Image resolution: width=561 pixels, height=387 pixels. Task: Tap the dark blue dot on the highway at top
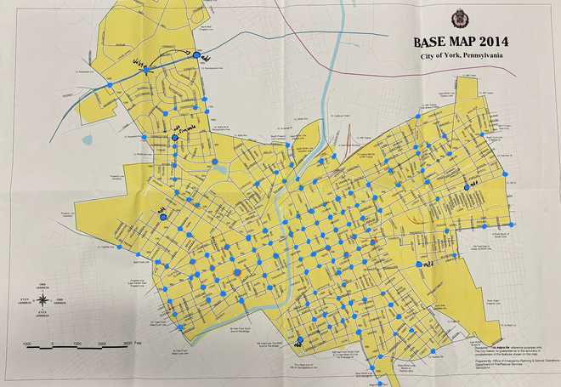pyautogui.click(x=197, y=54)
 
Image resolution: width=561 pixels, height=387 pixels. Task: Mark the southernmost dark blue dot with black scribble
pyautogui.click(x=298, y=343)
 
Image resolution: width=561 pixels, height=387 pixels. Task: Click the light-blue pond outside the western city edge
pyautogui.click(x=87, y=140)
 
